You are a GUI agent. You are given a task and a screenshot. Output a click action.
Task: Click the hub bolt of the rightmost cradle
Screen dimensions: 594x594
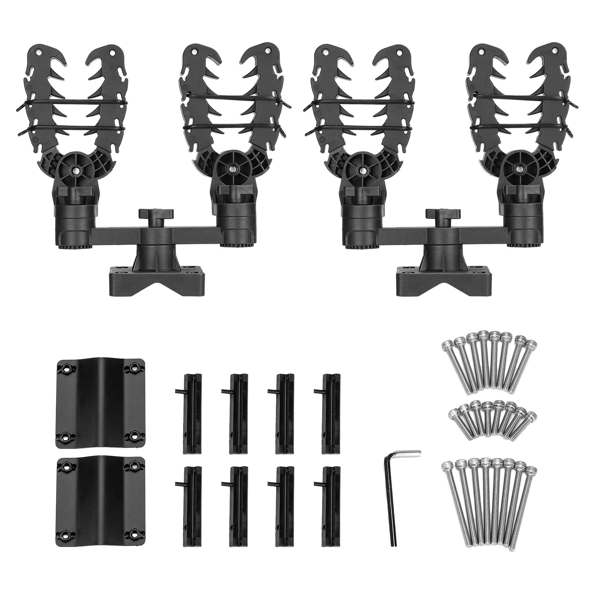(x=519, y=169)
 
